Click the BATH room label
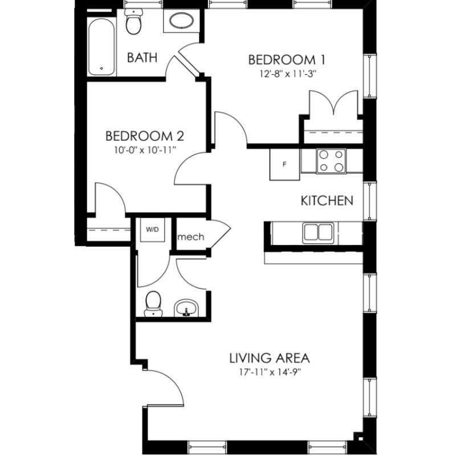coord(142,58)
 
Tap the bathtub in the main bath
coord(101,47)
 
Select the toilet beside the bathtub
coord(133,21)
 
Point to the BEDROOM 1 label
coord(287,60)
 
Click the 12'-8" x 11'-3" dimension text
coord(288,74)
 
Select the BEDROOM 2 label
coord(145,136)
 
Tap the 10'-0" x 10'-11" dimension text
coord(145,150)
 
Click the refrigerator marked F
coord(284,164)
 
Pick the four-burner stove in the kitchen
coord(331,161)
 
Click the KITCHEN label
coord(327,201)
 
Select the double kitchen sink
coord(318,233)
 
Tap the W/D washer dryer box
coord(153,230)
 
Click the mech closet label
coord(191,237)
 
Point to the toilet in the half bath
coord(153,304)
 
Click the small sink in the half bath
coord(186,308)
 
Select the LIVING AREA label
coord(270,358)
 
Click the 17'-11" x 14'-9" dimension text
coord(270,372)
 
